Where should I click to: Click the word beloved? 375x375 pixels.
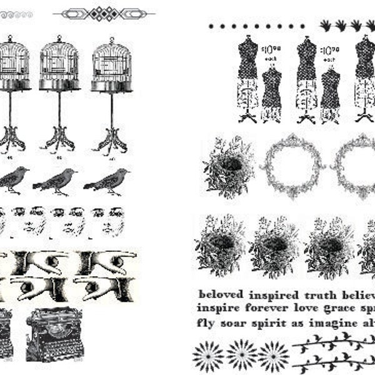click(221, 293)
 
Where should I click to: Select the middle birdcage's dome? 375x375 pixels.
click(60, 56)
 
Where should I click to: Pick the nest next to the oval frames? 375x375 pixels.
click(228, 167)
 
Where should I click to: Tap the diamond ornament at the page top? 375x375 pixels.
click(104, 13)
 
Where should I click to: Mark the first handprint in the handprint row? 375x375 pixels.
click(326, 25)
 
